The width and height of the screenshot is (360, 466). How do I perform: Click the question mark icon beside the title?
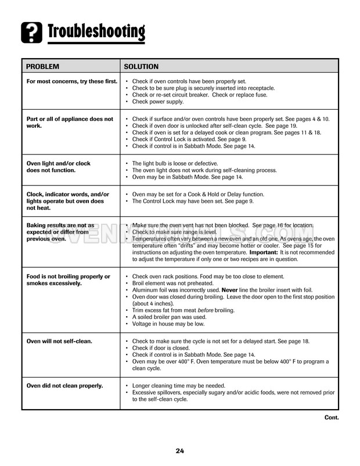(31, 33)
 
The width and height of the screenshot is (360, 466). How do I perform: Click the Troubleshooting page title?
(96, 32)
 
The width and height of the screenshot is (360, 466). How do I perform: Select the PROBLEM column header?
(44, 67)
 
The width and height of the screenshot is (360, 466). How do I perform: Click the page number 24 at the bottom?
(180, 450)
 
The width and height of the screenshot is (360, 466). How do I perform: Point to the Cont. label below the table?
(331, 417)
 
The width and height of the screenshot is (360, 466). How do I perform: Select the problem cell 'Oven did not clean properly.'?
(64, 385)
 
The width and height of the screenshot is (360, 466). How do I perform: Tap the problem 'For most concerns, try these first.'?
(72, 81)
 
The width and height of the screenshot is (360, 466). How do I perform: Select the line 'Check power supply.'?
(158, 102)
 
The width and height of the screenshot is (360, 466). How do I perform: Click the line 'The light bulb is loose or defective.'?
(175, 163)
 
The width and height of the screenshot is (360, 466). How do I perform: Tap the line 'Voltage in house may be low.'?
(168, 324)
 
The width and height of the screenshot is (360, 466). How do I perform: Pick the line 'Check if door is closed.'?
(162, 347)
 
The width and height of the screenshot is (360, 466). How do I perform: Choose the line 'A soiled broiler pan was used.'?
(170, 317)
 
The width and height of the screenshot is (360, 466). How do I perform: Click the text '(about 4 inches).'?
(156, 303)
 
